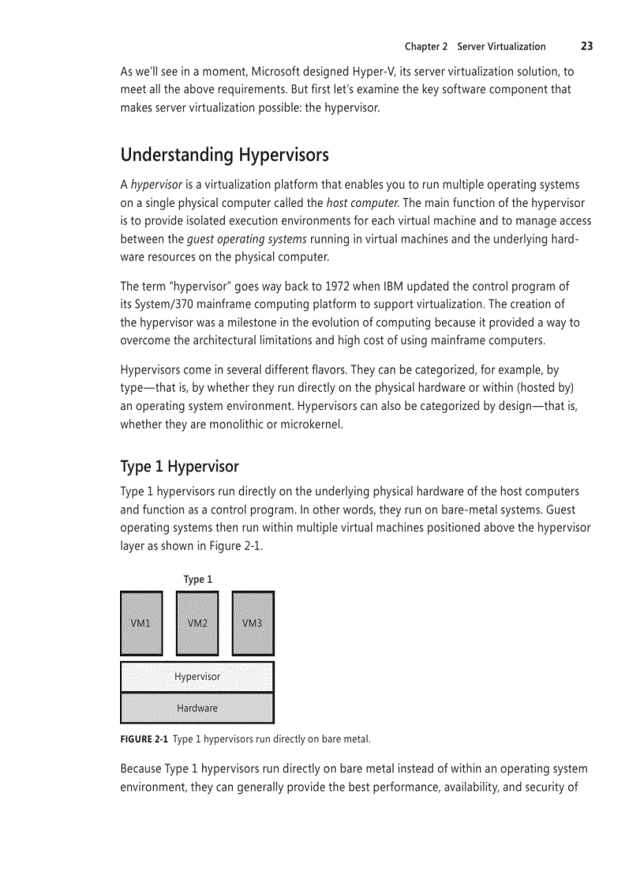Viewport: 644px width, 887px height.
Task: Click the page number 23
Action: point(586,46)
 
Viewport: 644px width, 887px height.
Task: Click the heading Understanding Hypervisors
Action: point(224,154)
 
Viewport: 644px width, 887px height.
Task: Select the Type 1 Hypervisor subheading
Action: point(179,466)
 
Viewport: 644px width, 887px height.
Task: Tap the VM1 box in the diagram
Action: point(141,623)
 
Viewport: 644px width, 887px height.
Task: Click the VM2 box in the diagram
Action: point(197,623)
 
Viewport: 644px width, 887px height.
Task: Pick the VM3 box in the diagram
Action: point(253,623)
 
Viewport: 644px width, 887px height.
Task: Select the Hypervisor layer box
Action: point(197,677)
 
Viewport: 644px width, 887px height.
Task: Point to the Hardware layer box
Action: point(197,708)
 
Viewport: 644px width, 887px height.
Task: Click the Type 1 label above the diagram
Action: point(197,579)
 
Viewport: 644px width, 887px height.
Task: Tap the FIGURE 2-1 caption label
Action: point(144,739)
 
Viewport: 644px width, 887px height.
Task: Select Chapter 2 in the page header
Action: point(426,47)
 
